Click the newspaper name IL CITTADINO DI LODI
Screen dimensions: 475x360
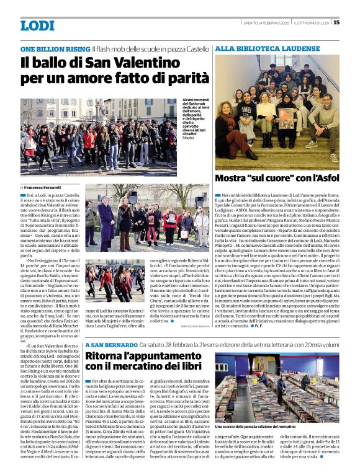pos(312,23)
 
